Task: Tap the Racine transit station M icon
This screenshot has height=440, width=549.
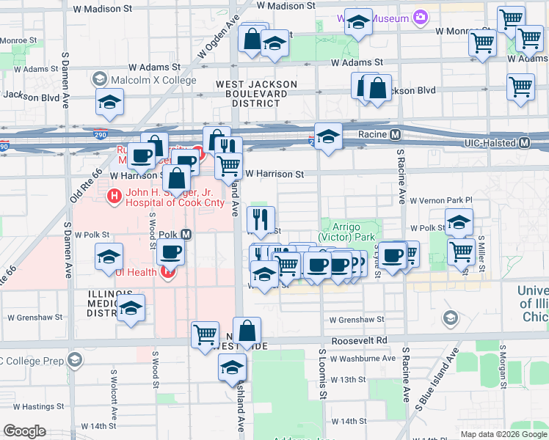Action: click(395, 135)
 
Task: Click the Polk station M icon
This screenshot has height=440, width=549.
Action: click(186, 235)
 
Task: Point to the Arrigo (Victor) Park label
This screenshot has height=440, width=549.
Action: click(347, 232)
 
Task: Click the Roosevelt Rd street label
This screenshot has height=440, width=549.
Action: click(361, 341)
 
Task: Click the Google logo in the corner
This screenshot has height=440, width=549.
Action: click(24, 431)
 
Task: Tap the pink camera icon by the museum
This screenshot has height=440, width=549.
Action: click(420, 16)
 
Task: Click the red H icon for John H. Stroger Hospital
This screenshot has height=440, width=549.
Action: click(114, 195)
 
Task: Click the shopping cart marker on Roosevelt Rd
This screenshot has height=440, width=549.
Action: click(205, 334)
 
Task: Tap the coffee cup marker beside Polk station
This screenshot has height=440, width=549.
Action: click(171, 252)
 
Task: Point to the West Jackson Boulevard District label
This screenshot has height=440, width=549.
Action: click(256, 94)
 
